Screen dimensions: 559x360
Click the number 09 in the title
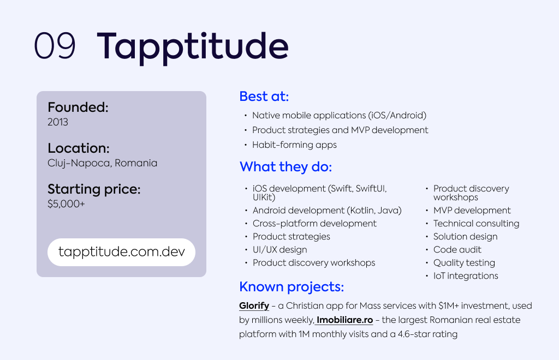[x=55, y=45]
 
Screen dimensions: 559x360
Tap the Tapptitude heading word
[x=193, y=47]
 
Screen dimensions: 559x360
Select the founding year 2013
[x=58, y=122]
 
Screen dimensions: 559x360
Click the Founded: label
[x=78, y=107]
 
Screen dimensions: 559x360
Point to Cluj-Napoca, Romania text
[x=102, y=163]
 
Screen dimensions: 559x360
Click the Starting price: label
[x=94, y=189]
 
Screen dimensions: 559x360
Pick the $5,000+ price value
[x=66, y=203]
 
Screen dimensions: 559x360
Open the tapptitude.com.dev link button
[x=122, y=252]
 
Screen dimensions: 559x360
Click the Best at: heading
[x=264, y=96]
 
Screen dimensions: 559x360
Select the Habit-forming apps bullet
[x=294, y=145]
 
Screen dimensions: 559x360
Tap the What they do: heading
[x=286, y=167]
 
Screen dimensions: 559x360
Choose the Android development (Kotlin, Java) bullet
[x=328, y=211]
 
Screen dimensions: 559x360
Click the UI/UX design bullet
[x=280, y=250]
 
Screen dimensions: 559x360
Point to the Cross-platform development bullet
[x=314, y=224]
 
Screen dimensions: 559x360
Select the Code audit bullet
[x=457, y=250]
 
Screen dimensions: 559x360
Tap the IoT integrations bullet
[x=466, y=276]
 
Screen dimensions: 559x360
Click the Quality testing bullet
[x=464, y=263]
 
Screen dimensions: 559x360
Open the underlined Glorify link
[x=254, y=306]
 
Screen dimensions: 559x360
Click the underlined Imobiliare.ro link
[x=344, y=320]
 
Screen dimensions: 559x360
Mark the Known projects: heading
[x=292, y=287]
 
